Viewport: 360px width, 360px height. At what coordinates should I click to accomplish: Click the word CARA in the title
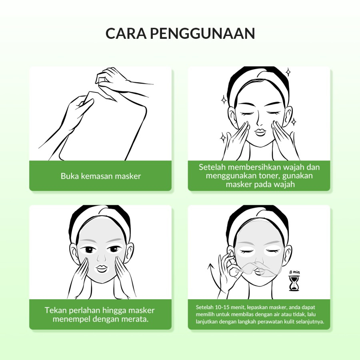point(126,33)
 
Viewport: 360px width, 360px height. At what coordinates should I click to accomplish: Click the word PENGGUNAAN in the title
point(202,33)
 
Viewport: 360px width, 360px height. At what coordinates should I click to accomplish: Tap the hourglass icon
point(294,283)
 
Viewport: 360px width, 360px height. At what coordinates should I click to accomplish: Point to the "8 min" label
point(294,272)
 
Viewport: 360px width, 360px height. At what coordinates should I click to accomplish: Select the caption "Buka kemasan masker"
point(100,176)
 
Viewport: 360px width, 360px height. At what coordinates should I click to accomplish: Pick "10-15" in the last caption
point(222,307)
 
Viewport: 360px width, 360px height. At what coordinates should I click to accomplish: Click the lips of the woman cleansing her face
point(260,132)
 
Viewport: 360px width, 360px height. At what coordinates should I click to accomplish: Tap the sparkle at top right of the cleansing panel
point(288,72)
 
